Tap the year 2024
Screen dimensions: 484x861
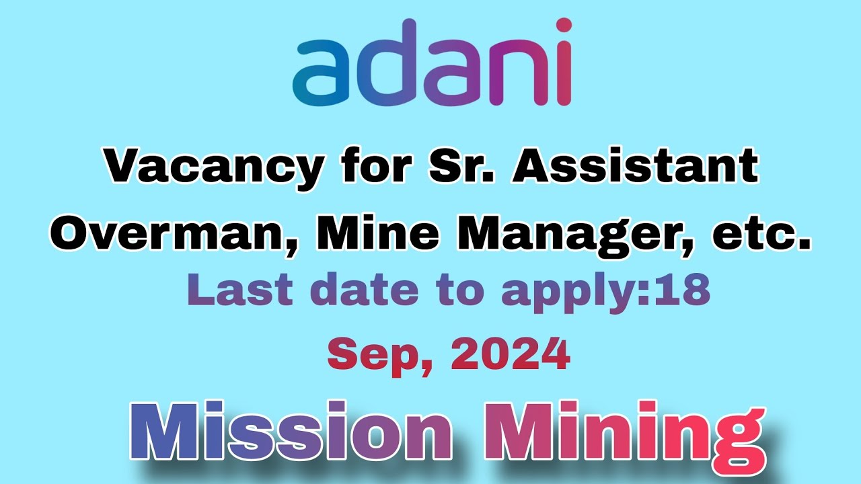tap(511, 354)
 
